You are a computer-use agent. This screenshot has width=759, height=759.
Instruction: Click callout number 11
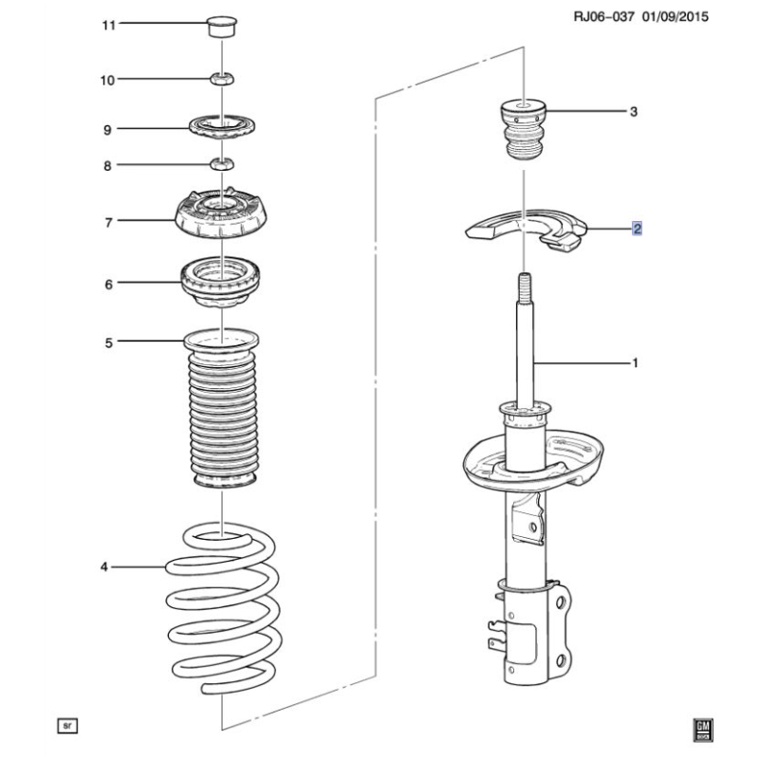coord(108,24)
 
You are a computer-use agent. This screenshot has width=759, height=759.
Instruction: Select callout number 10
coord(108,81)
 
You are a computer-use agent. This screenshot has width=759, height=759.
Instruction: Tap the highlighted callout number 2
coord(638,229)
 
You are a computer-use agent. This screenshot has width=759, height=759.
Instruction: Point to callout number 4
coord(104,567)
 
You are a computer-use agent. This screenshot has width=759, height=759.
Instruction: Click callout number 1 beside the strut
coord(635,362)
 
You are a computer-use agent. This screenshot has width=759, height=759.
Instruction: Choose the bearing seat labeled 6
coord(221,282)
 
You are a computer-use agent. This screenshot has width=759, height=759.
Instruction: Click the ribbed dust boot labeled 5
coord(223,417)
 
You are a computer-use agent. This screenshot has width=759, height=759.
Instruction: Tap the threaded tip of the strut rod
coord(524,285)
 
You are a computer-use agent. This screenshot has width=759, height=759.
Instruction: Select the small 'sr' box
coord(67,726)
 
